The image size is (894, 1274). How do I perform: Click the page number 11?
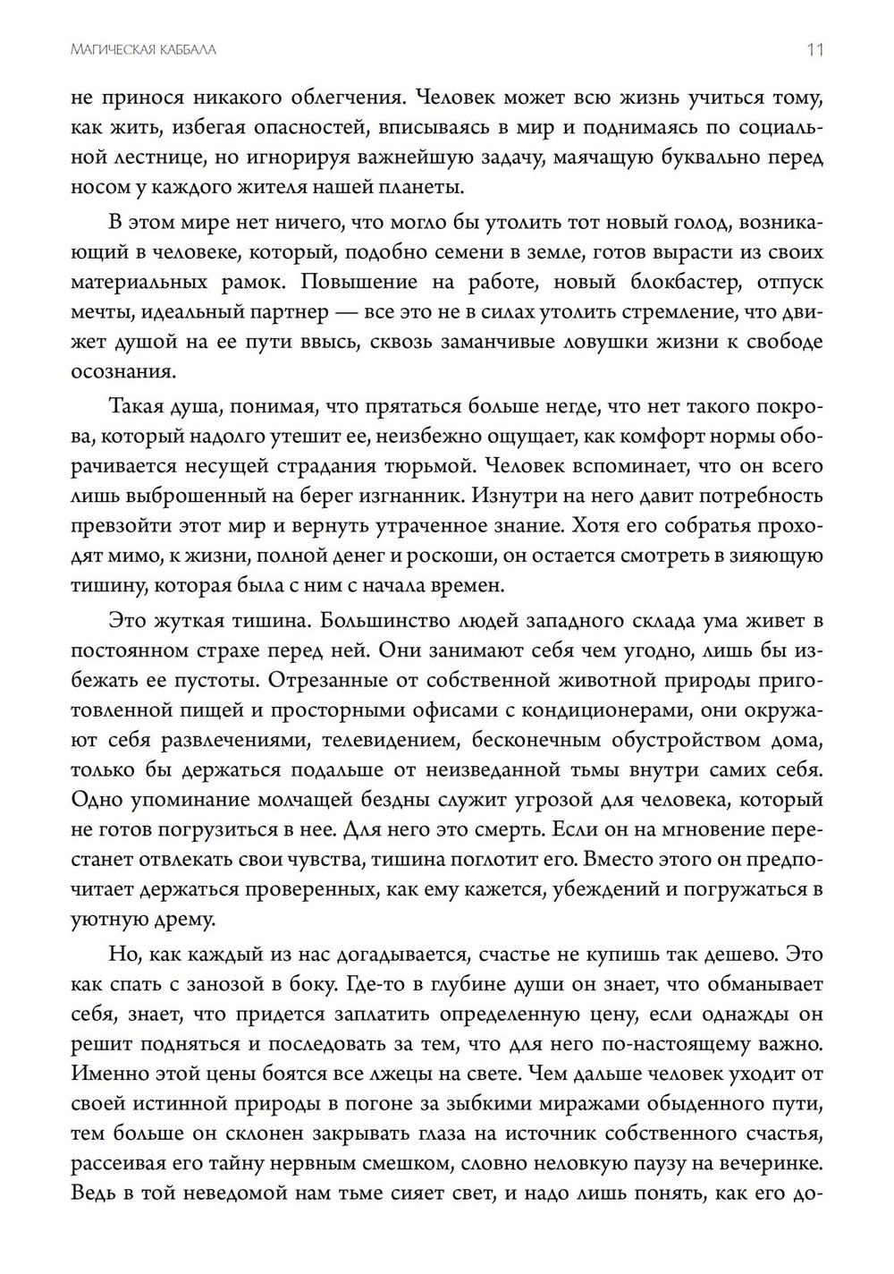click(x=814, y=50)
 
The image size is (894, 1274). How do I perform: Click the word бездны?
click(x=485, y=800)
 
